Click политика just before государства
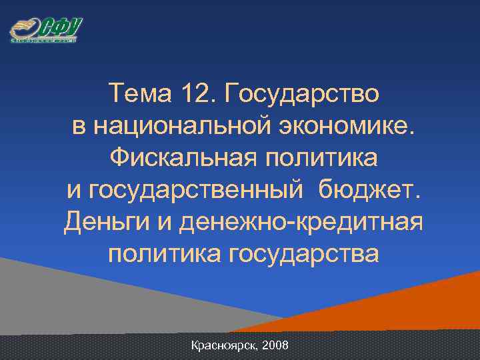coord(155,254)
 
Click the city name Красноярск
coord(223,346)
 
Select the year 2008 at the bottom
coord(275,346)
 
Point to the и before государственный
coord(75,191)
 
